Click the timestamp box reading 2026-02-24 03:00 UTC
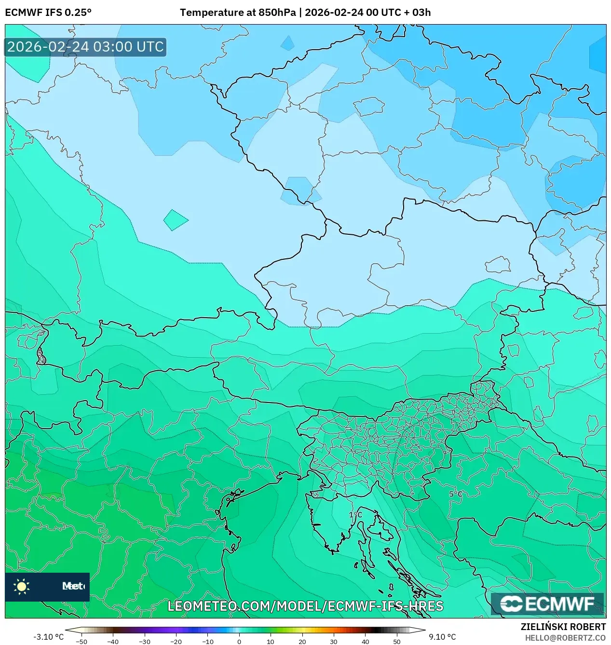tap(85, 47)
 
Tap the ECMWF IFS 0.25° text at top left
tap(48, 13)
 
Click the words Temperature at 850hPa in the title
tap(238, 13)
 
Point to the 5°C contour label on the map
tap(455, 494)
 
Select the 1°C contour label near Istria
tap(355, 515)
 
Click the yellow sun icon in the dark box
tap(22, 586)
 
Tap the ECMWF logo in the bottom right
tap(547, 604)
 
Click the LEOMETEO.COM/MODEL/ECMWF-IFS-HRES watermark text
tap(305, 606)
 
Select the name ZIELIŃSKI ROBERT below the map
tap(563, 627)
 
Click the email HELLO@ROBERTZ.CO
tap(565, 638)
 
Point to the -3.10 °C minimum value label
tap(48, 637)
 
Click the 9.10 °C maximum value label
tap(442, 637)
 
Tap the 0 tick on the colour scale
tap(239, 642)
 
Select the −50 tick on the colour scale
tap(81, 642)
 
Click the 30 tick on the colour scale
tap(334, 642)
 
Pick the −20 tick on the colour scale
tap(176, 642)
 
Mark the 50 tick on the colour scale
tap(396, 642)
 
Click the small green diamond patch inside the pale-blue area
tap(175, 220)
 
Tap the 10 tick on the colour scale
tap(271, 642)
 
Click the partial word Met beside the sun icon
tap(73, 586)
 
